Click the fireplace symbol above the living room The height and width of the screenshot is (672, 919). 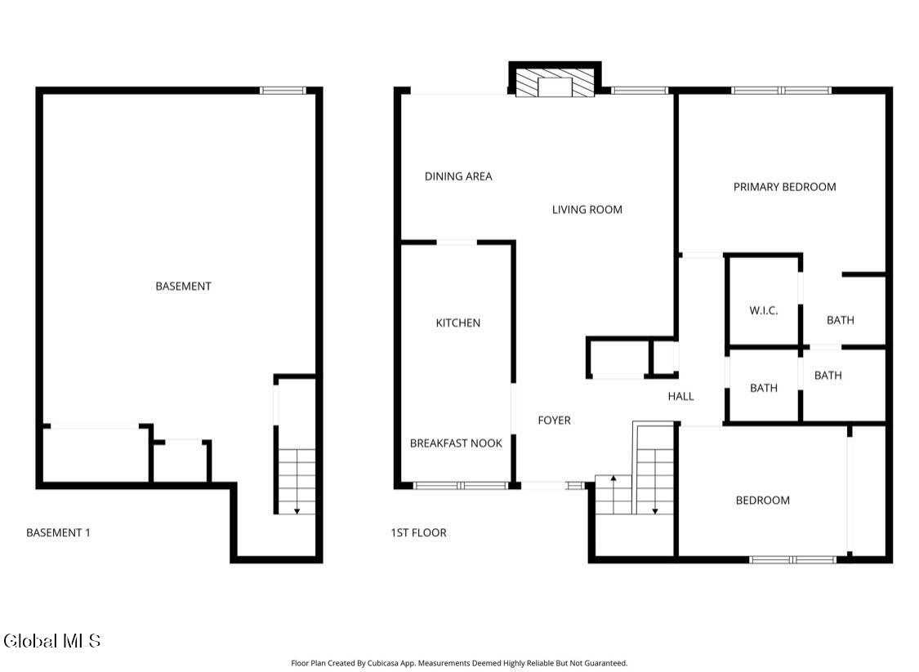(x=555, y=82)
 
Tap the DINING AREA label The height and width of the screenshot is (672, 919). (x=458, y=176)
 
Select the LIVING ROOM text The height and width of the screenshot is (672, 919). (x=587, y=210)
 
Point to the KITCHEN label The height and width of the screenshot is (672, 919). (x=458, y=323)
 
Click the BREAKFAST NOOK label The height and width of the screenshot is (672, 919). (x=456, y=443)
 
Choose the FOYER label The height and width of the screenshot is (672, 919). (x=555, y=420)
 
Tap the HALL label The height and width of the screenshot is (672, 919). (x=681, y=397)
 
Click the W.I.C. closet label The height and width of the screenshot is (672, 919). (x=764, y=310)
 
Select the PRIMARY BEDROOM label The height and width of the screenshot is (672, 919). (x=785, y=187)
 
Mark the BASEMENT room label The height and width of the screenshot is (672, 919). (x=184, y=287)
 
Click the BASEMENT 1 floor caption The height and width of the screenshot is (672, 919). (x=59, y=533)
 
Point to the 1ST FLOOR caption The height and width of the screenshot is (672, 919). (x=418, y=533)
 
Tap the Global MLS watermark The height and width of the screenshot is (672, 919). (x=51, y=640)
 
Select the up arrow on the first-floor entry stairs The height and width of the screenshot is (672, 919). (x=613, y=495)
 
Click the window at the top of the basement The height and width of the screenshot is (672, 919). (x=283, y=90)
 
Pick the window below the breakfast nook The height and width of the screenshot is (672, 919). (x=461, y=486)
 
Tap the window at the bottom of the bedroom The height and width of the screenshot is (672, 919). (x=793, y=559)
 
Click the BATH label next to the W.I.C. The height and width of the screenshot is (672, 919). (x=841, y=320)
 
